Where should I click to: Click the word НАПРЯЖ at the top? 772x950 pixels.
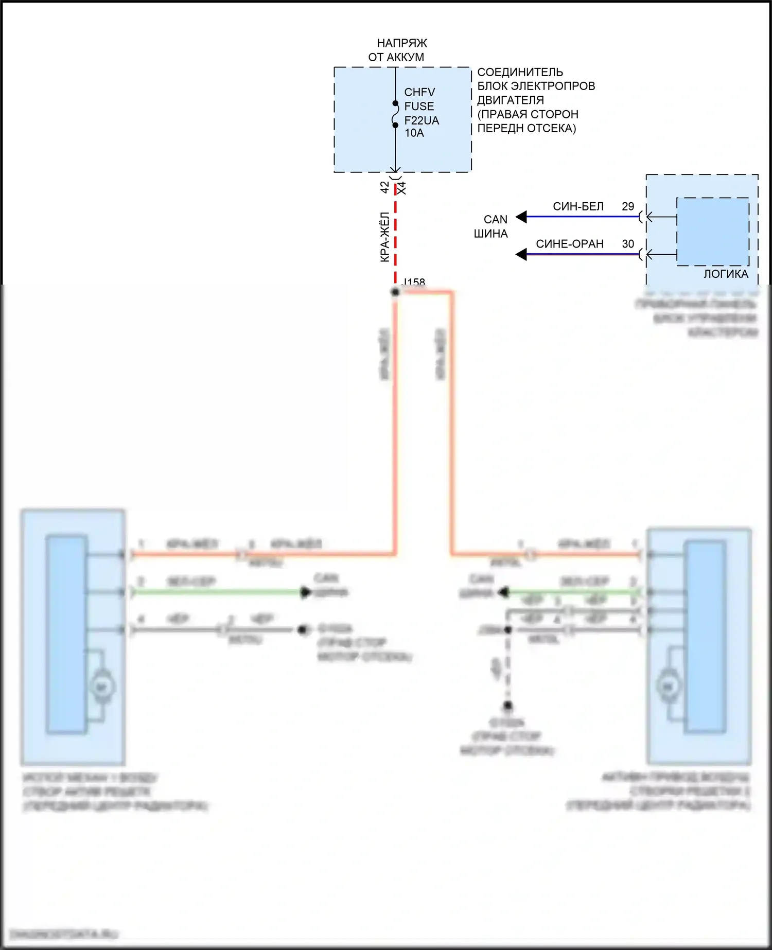coord(402,43)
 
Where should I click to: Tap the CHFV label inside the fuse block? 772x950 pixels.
coord(419,92)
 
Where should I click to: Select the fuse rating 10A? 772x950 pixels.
coord(414,133)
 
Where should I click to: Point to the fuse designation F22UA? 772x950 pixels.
coord(422,120)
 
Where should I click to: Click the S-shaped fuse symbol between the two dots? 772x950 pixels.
coord(395,114)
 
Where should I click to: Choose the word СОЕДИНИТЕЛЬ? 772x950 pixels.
coord(520,72)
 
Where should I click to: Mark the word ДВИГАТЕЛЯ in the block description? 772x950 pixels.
coord(510,100)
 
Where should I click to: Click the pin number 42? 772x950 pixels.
coord(385,187)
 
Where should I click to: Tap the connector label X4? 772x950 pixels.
coord(402,188)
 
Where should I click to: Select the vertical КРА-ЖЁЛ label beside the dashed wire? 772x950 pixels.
coord(385,237)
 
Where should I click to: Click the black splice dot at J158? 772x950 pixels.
coord(395,292)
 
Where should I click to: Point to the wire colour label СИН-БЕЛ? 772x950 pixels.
coord(578,206)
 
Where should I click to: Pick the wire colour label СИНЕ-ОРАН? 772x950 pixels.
coord(570,244)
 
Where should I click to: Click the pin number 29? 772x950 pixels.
coord(628,206)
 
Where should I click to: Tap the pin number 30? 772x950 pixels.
coord(628,244)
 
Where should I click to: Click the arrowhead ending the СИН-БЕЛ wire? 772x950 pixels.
coord(521,217)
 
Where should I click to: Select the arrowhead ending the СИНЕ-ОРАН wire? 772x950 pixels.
coord(521,254)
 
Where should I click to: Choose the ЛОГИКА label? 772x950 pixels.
coord(726,274)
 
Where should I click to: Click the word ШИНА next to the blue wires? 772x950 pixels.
coord(490,234)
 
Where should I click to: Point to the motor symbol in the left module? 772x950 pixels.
coord(101,687)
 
